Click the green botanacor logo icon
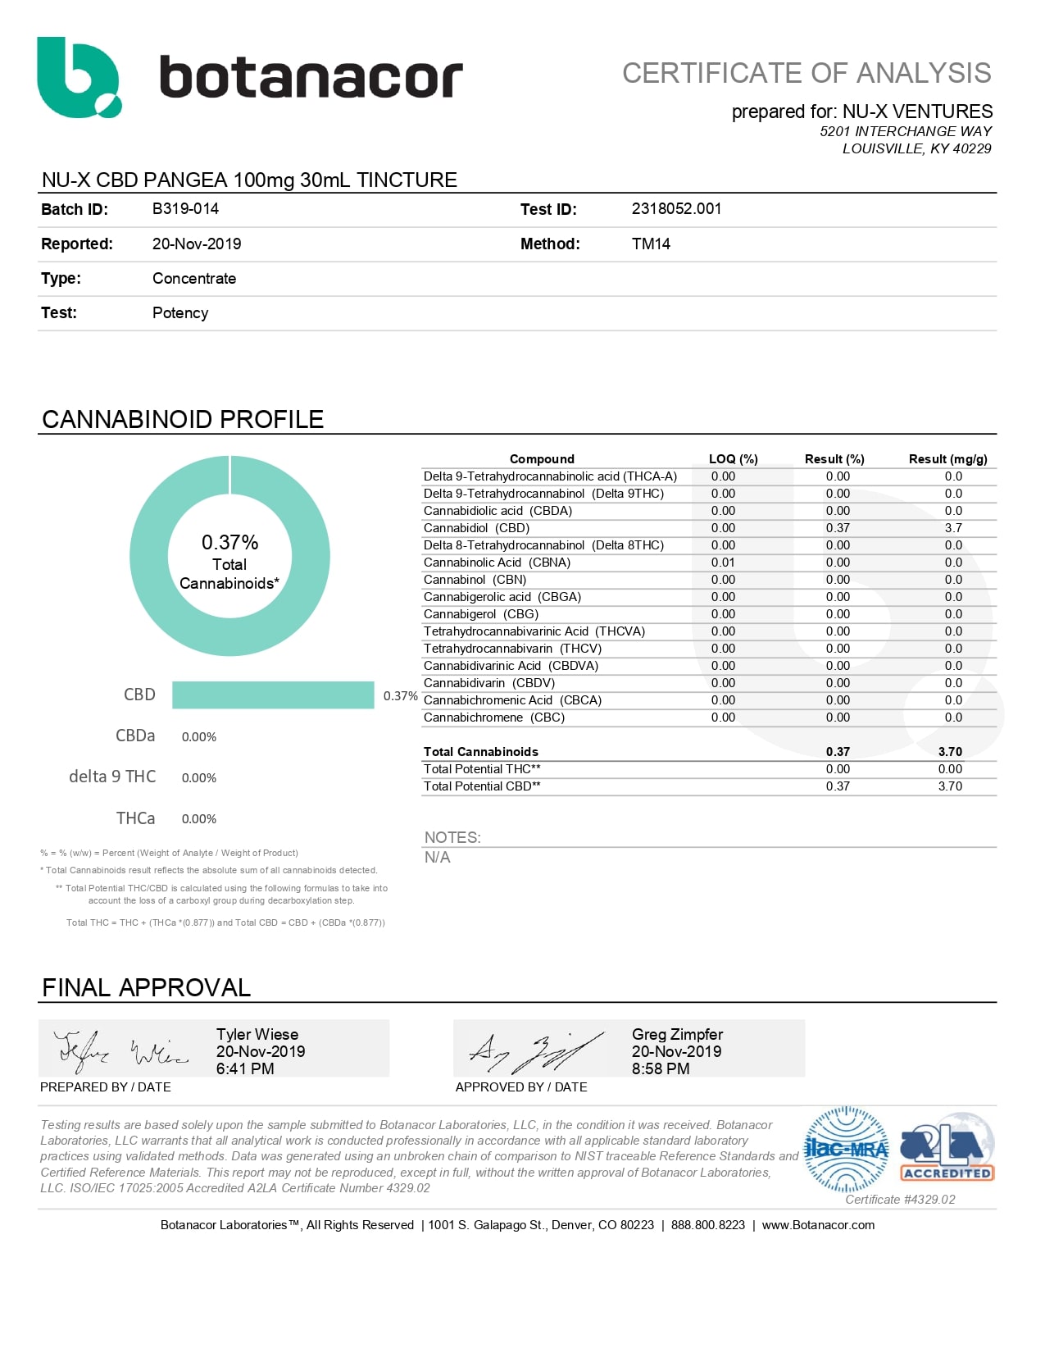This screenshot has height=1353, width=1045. pyautogui.click(x=78, y=77)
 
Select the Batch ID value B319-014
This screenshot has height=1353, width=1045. pyautogui.click(x=185, y=209)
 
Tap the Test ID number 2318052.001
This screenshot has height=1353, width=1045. pyautogui.click(x=676, y=209)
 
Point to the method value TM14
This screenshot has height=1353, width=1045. pyautogui.click(x=651, y=244)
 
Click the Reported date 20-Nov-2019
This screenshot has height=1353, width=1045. pyautogui.click(x=197, y=244)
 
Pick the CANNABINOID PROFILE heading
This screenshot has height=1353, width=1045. pyautogui.click(x=183, y=419)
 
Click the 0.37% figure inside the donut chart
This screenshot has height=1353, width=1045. pyautogui.click(x=229, y=542)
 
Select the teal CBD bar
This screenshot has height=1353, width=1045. pyautogui.click(x=273, y=695)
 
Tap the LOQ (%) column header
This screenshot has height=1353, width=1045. pyautogui.click(x=733, y=459)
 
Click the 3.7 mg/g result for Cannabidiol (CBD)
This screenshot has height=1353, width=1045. pyautogui.click(x=952, y=528)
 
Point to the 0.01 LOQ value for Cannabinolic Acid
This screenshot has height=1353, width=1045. pyautogui.click(x=723, y=563)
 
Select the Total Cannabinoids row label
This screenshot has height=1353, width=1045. pyautogui.click(x=480, y=752)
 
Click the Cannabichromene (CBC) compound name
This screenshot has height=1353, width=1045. pyautogui.click(x=493, y=717)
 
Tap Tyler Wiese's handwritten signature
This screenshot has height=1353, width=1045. pyautogui.click(x=119, y=1050)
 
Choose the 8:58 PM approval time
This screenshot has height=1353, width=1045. pyautogui.click(x=660, y=1068)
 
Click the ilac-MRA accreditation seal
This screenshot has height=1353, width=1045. pyautogui.click(x=847, y=1149)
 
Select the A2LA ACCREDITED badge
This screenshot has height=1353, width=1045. pyautogui.click(x=947, y=1149)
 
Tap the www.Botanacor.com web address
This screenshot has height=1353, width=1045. pyautogui.click(x=817, y=1225)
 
